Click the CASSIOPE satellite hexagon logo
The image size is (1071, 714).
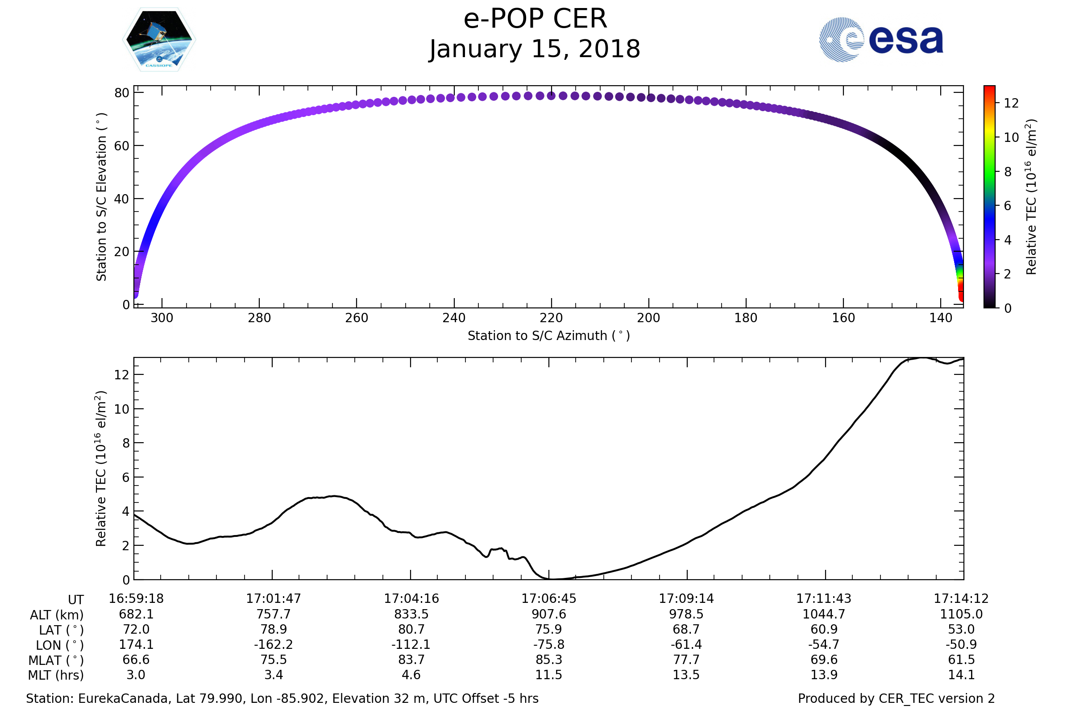pos(159,40)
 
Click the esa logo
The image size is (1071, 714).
pos(880,40)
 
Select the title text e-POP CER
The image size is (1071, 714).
pos(535,19)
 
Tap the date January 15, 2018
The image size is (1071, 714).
pos(535,49)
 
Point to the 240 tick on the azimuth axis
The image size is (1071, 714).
pos(454,318)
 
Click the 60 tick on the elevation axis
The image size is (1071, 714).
pos(122,146)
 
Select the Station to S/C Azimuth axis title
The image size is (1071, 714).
pos(549,336)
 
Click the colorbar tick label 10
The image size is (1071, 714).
pos(1011,137)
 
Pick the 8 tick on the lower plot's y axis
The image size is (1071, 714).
pos(126,443)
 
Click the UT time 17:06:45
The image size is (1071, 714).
pos(549,599)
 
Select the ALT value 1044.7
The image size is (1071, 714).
pos(824,614)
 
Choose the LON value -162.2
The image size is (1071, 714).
pos(273,645)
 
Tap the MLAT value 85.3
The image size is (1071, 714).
pos(549,660)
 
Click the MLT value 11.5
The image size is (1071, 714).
pos(549,675)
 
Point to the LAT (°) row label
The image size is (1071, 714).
pos(61,630)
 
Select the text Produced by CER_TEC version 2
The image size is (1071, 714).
pos(896,698)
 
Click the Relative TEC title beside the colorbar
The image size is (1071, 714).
pos(1031,197)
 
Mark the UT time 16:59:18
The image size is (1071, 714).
pos(136,599)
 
